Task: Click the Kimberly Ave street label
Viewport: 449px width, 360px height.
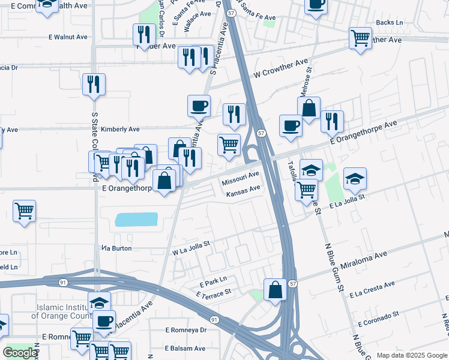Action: click(x=120, y=129)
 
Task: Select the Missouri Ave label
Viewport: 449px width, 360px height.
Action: click(x=240, y=178)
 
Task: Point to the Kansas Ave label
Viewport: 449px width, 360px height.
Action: click(x=243, y=191)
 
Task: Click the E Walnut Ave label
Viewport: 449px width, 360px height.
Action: click(x=68, y=37)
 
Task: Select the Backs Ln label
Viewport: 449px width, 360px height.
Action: click(x=388, y=23)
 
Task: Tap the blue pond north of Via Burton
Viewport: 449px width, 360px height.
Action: click(x=136, y=220)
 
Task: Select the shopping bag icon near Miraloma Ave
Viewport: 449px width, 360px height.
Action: click(x=275, y=289)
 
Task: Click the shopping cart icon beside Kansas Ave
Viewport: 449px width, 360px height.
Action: click(x=307, y=190)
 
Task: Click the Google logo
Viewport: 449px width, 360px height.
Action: click(x=20, y=353)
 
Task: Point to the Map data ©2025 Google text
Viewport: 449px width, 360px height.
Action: click(x=411, y=355)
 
